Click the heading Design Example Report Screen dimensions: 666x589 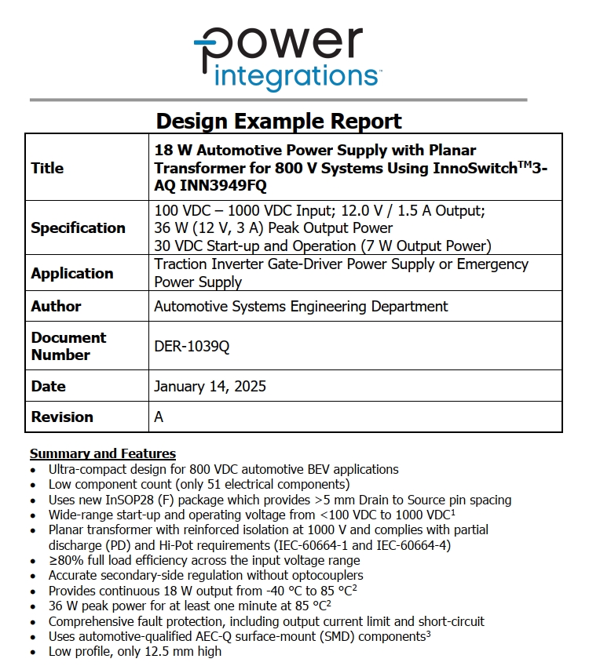(x=279, y=121)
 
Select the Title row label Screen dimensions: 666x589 (x=47, y=168)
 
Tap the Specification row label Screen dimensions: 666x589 (x=78, y=228)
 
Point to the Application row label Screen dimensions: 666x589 (x=72, y=274)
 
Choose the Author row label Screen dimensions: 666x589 (x=56, y=307)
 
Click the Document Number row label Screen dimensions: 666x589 (x=68, y=346)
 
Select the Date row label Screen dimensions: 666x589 (x=48, y=387)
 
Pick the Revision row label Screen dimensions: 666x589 (x=62, y=417)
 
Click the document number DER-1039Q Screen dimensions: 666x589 (x=192, y=346)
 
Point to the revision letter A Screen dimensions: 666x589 (x=159, y=417)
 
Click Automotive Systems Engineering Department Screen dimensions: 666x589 (x=301, y=307)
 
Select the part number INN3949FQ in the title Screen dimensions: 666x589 (x=223, y=186)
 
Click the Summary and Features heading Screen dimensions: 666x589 (x=102, y=453)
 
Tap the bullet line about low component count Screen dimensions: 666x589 (x=199, y=485)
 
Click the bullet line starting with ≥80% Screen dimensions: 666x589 (x=204, y=560)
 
